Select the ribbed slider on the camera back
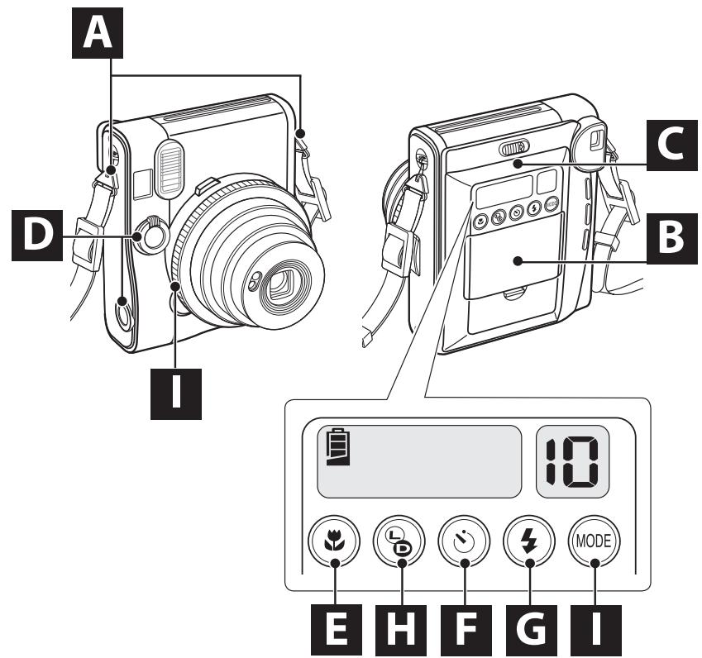(x=513, y=149)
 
